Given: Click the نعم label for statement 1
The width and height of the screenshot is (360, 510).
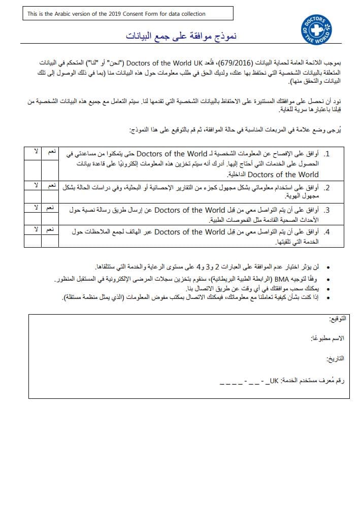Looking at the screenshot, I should click(52, 151).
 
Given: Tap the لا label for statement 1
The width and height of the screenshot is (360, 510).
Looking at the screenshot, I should click(36, 151).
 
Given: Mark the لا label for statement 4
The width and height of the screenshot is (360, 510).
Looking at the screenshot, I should click(36, 230).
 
